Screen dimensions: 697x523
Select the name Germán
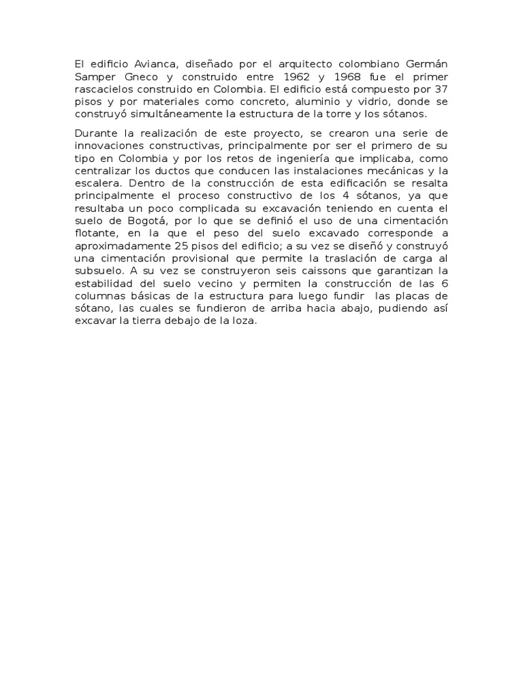430,64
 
